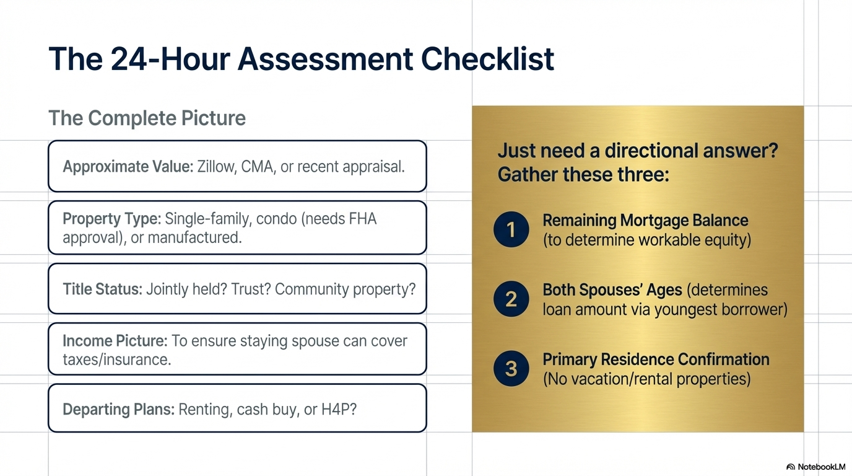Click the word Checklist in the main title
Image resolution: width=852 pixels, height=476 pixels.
click(x=487, y=59)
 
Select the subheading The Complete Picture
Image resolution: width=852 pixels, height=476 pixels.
click(x=147, y=118)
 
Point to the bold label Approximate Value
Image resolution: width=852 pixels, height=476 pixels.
click(x=128, y=167)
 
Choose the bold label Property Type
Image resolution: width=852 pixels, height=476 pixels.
click(x=112, y=219)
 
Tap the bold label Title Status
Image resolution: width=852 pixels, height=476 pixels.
click(x=103, y=289)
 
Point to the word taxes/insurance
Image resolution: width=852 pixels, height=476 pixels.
click(x=116, y=359)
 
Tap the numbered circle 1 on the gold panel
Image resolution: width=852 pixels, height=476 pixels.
click(x=511, y=230)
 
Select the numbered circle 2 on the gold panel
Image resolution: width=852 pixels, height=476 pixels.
click(x=511, y=299)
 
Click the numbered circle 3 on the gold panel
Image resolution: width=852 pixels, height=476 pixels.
click(x=511, y=369)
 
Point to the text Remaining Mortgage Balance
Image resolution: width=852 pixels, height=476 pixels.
click(x=645, y=221)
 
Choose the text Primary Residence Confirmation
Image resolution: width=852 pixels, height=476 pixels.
click(x=656, y=359)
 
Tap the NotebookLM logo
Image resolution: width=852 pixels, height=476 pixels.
click(x=815, y=467)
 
